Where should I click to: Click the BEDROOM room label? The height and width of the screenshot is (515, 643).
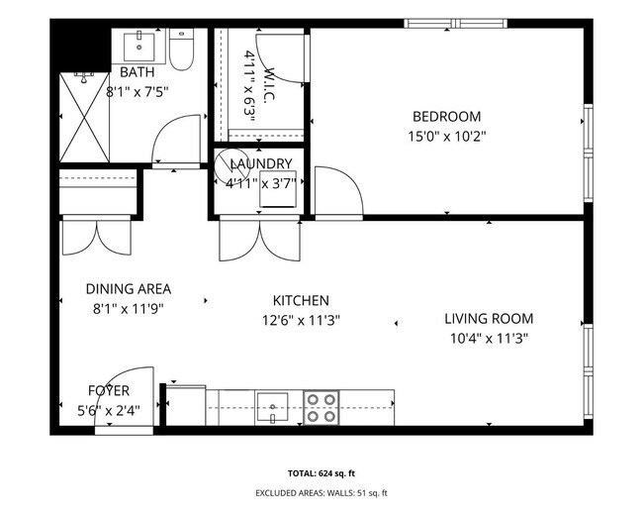click(446, 116)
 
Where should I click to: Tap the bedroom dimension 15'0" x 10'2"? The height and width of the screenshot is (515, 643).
click(447, 137)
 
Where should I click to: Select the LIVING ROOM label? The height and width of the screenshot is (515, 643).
click(488, 319)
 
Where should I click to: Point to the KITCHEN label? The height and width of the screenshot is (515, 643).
click(301, 300)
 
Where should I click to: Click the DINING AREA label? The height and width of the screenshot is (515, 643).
click(128, 289)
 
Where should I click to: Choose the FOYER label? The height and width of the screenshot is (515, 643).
click(108, 390)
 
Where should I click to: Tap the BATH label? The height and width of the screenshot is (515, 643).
click(138, 73)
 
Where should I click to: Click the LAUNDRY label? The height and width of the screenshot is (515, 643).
click(260, 164)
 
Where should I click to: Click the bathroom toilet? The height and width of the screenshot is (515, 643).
click(180, 51)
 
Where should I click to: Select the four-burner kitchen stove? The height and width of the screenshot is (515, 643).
click(320, 407)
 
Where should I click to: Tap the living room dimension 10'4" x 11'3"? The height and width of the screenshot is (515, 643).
click(488, 338)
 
